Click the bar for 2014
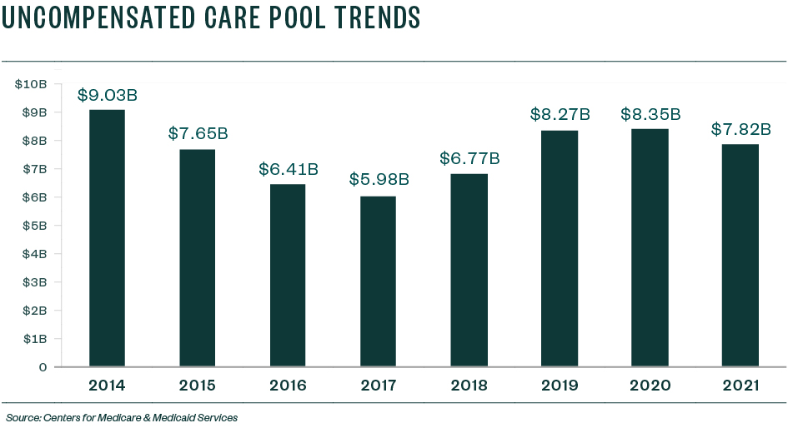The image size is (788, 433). (x=107, y=237)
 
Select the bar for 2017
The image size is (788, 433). (x=378, y=281)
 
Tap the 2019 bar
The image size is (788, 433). (x=559, y=248)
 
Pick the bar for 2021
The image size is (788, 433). (x=740, y=255)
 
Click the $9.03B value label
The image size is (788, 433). (x=107, y=95)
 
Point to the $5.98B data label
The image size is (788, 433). (x=379, y=179)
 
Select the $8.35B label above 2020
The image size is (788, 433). (x=650, y=114)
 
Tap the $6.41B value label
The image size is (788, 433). (x=288, y=168)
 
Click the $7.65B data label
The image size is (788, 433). (x=198, y=133)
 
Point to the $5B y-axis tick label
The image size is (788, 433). (x=34, y=226)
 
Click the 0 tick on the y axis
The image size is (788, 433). (x=43, y=367)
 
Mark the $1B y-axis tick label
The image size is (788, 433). (x=34, y=339)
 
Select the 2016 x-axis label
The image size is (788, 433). (x=288, y=386)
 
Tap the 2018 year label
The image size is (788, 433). (x=469, y=386)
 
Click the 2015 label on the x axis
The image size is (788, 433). (x=198, y=386)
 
